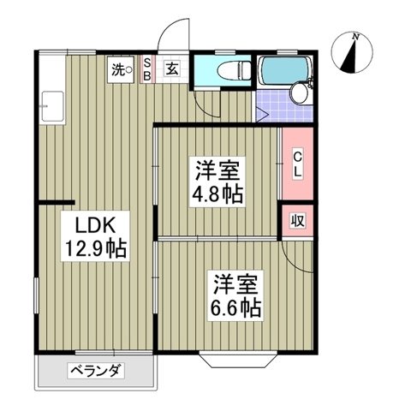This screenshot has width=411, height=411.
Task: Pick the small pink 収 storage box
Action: pyautogui.click(x=298, y=220)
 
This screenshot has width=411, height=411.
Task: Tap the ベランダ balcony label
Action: pyautogui.click(x=96, y=371)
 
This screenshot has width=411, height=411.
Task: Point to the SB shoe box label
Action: pyautogui.click(x=146, y=69)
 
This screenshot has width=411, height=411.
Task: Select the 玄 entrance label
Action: pyautogui.click(x=172, y=70)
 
